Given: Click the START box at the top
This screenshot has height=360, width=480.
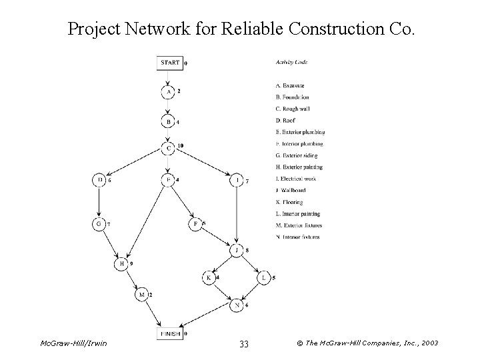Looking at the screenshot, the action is coord(169,63).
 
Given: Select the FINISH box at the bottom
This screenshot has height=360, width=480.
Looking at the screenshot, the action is coord(169,333).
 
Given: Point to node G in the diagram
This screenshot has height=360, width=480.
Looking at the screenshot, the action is coord(99,225).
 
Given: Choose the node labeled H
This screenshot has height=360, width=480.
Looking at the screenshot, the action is coord(121,264).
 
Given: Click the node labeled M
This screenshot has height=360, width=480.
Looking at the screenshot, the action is coord(141,294).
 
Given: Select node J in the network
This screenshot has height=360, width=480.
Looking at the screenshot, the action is coord(238,251).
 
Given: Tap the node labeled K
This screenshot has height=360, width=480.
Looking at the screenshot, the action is coord(209,277).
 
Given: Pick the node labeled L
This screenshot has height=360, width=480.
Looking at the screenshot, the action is coord(265,277).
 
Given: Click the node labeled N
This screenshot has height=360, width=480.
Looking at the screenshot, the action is coord(238,305).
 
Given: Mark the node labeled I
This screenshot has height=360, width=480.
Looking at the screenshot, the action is coord(238,180).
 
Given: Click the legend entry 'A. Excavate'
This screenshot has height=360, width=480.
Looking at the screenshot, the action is coord(289,85).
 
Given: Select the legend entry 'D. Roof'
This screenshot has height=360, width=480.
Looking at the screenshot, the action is coord(286,121).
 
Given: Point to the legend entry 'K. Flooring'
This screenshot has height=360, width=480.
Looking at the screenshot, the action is coord(289,202).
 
